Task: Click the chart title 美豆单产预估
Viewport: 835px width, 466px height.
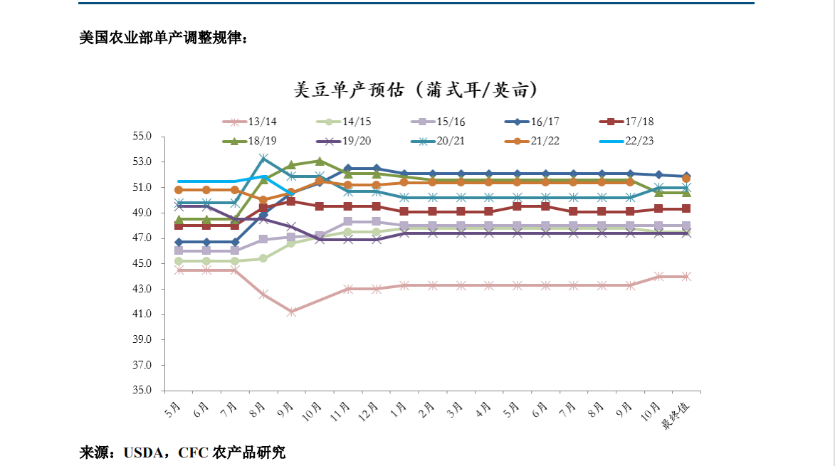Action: point(415,90)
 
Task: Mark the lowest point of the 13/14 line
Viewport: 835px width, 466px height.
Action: point(291,312)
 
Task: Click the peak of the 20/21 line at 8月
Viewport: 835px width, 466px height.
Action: point(263,158)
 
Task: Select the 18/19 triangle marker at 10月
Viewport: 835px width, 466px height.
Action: point(320,161)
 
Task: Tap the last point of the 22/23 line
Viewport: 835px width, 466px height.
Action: point(291,192)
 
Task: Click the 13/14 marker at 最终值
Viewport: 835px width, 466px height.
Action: point(686,276)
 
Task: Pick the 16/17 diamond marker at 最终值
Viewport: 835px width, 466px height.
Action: point(686,176)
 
